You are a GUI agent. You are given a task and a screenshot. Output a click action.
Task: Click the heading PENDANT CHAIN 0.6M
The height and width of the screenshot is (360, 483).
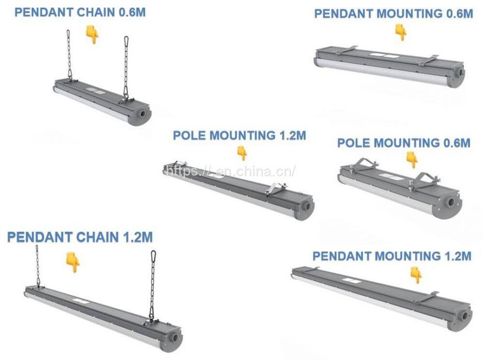tap(80, 12)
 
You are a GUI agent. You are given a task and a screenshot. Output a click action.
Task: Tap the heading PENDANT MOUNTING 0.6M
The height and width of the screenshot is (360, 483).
tap(393, 14)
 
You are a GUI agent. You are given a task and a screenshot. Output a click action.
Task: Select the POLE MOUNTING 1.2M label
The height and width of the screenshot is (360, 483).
tap(239, 135)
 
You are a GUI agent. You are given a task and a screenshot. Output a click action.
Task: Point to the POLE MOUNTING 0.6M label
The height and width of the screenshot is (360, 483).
tap(403, 143)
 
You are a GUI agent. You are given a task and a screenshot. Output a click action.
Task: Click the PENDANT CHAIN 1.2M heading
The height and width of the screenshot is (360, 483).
tap(80, 237)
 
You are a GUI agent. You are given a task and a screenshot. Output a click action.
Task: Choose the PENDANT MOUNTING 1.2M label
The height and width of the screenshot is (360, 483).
tap(391, 256)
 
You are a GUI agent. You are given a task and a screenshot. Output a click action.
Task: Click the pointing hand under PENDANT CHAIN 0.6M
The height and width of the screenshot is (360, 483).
tap(92, 35)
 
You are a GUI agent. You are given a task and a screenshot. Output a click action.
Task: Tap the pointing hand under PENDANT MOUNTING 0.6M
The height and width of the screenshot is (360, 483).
tap(400, 32)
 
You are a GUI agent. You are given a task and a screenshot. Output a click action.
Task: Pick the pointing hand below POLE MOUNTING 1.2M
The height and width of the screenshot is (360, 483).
tap(242, 153)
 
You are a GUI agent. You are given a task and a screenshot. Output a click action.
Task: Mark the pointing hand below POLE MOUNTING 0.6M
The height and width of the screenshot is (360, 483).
tap(412, 159)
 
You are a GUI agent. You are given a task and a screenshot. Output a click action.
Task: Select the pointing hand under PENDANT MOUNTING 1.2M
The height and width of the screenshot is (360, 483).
tap(415, 275)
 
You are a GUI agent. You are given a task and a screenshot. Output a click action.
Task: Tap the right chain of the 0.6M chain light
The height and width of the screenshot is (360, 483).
tap(127, 68)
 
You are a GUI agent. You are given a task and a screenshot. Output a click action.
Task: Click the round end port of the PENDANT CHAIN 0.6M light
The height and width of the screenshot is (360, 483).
tap(143, 114)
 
